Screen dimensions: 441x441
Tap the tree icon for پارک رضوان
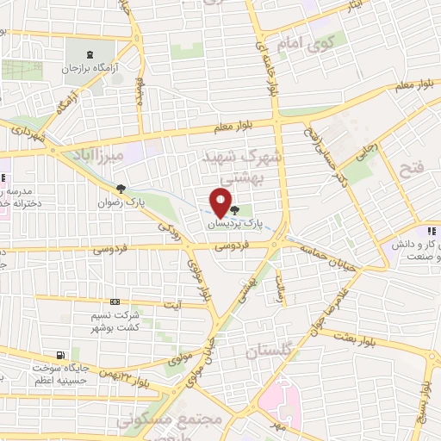tap(121, 189)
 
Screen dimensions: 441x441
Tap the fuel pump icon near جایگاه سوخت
tap(59, 355)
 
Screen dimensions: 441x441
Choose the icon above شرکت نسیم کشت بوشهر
tap(115, 302)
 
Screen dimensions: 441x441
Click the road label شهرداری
tap(28, 134)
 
